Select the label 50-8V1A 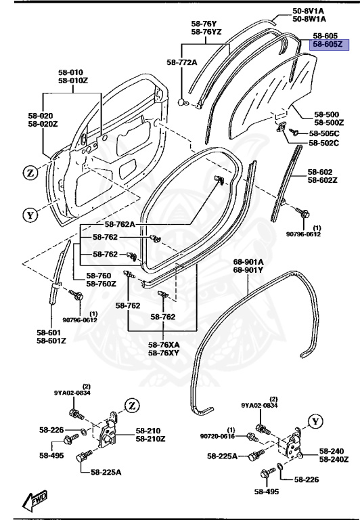pos(308,11)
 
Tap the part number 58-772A pos(181,62)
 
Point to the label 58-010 pos(70,72)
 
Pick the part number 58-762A pos(120,224)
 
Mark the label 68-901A pos(248,261)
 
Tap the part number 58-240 pos(332,451)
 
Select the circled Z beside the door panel pos(30,172)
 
